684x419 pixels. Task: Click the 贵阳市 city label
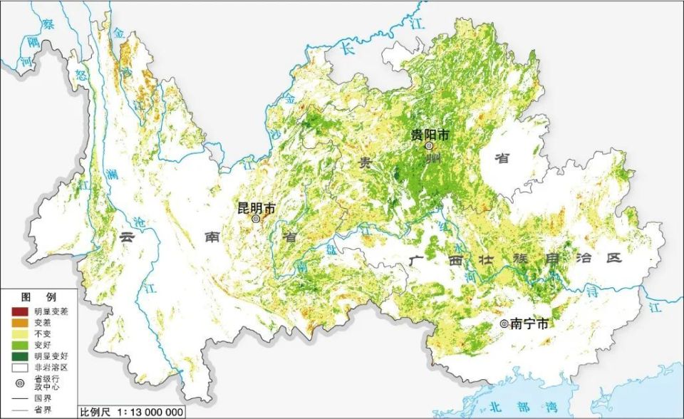(x=429, y=134)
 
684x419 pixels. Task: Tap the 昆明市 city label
(x=256, y=208)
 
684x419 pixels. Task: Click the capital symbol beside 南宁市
(x=504, y=324)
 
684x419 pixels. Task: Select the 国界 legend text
(x=41, y=398)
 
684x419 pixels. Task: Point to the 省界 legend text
(x=41, y=410)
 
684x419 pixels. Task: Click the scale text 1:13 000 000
(x=146, y=412)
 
